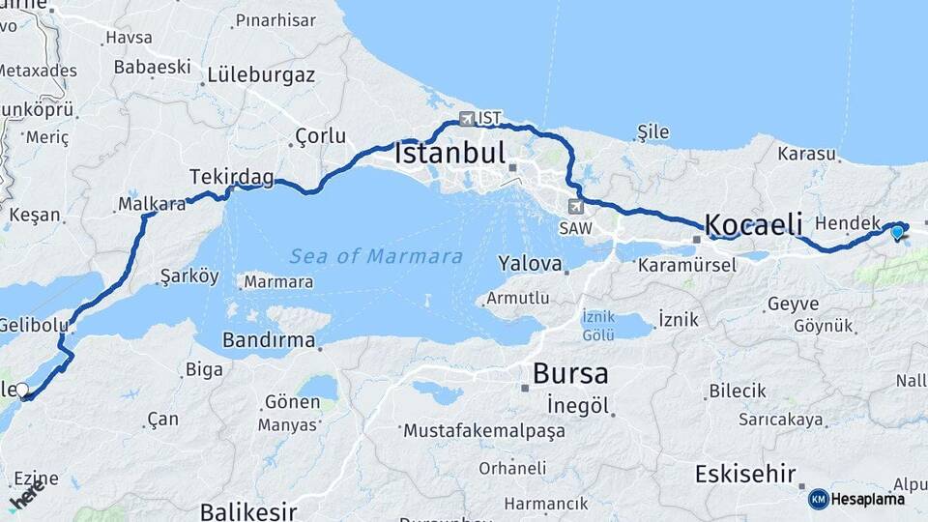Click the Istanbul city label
point(450,153)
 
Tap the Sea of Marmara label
point(376,256)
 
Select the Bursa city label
point(570,373)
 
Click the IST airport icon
point(468,119)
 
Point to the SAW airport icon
point(577,206)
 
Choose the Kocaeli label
point(754,224)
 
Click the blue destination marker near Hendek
point(897,231)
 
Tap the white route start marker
point(22,391)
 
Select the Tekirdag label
point(231,177)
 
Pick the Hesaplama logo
point(857,499)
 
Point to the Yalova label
point(530,263)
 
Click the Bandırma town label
point(269,340)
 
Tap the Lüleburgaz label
point(261,74)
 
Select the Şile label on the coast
point(653,131)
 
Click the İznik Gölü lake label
point(598,326)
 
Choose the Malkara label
point(151,204)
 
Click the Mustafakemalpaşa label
point(484,431)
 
